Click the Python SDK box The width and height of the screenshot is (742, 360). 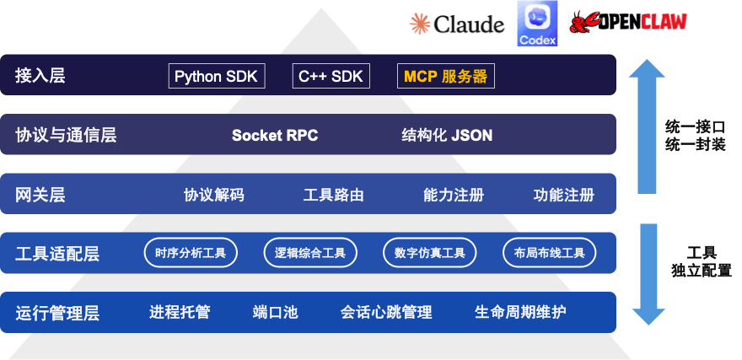click(218, 77)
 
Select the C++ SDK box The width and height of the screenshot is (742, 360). click(331, 77)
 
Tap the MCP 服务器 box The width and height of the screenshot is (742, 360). click(445, 77)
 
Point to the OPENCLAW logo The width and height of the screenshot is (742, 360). click(629, 22)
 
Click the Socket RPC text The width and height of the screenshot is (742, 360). click(275, 135)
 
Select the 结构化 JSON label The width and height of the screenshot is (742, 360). click(447, 135)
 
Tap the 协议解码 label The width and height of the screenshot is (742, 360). click(214, 195)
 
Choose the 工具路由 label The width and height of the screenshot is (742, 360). click(334, 195)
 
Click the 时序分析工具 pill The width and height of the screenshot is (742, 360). click(191, 252)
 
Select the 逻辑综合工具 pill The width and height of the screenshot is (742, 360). click(310, 252)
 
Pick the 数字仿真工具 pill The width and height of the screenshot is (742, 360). click(430, 252)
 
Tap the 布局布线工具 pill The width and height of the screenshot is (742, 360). click(549, 252)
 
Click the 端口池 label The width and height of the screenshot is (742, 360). click(275, 312)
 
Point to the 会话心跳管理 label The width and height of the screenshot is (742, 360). click(386, 312)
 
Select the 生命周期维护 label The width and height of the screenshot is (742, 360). click(520, 312)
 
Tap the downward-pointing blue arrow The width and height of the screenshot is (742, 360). click(648, 274)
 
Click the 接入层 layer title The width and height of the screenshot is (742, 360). click(40, 77)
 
